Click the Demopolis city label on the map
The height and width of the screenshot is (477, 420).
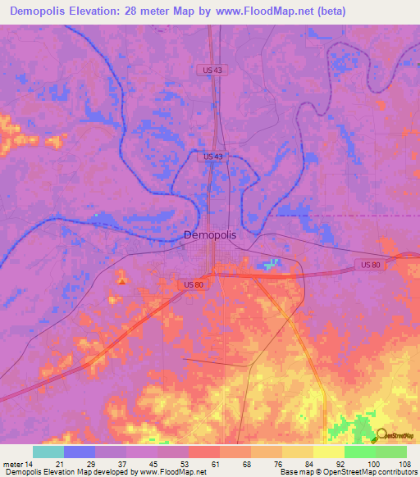tap(209, 234)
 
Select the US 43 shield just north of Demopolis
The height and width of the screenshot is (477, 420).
tap(212, 156)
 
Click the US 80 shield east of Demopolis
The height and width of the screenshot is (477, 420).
tap(371, 264)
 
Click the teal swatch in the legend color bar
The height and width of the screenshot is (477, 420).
tap(48, 452)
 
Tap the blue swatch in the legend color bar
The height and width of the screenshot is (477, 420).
tap(80, 452)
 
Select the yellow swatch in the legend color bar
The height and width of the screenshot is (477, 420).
tap(328, 452)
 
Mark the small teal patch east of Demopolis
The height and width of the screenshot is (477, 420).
tap(271, 264)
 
